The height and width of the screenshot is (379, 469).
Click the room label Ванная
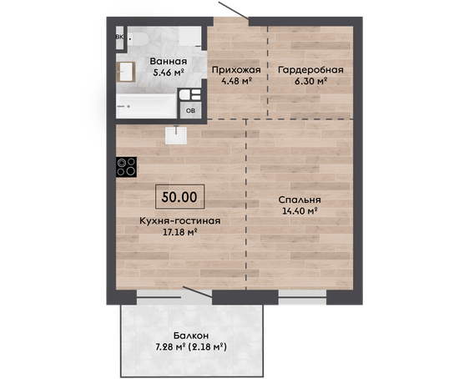(169, 61)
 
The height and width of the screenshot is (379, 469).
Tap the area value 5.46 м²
(168, 73)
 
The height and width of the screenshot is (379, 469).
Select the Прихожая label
(236, 70)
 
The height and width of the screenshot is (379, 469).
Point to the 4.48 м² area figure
(236, 81)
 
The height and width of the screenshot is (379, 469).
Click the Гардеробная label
(310, 70)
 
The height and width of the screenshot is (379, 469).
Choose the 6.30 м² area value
(310, 81)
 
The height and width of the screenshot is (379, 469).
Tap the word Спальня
(300, 200)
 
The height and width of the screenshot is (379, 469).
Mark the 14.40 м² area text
(300, 211)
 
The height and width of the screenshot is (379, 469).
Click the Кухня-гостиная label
(180, 221)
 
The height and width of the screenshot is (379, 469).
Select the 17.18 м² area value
(179, 232)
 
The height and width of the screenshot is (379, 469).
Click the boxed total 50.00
(179, 197)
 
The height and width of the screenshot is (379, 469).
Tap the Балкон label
(191, 336)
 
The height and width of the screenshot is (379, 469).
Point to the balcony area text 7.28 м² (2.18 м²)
(191, 347)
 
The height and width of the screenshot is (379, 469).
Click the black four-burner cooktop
(127, 167)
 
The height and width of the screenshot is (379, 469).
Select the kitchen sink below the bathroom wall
(176, 135)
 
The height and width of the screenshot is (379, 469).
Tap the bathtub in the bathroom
(146, 106)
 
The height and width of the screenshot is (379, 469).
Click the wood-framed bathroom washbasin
(126, 72)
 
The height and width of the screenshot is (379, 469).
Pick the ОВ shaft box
(190, 110)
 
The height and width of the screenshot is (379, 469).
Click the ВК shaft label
(119, 38)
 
